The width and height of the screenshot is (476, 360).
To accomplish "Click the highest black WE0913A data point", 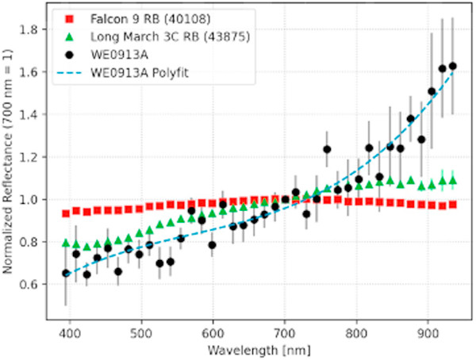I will [453, 66].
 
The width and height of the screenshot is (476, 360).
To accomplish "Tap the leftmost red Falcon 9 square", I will [66, 213].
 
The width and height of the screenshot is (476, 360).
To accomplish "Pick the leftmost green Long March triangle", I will [66, 242].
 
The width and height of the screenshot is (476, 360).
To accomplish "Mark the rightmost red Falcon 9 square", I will [453, 205].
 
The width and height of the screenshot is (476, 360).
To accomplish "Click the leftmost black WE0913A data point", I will [66, 273].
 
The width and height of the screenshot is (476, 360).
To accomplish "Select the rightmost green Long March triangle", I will [453, 181].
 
